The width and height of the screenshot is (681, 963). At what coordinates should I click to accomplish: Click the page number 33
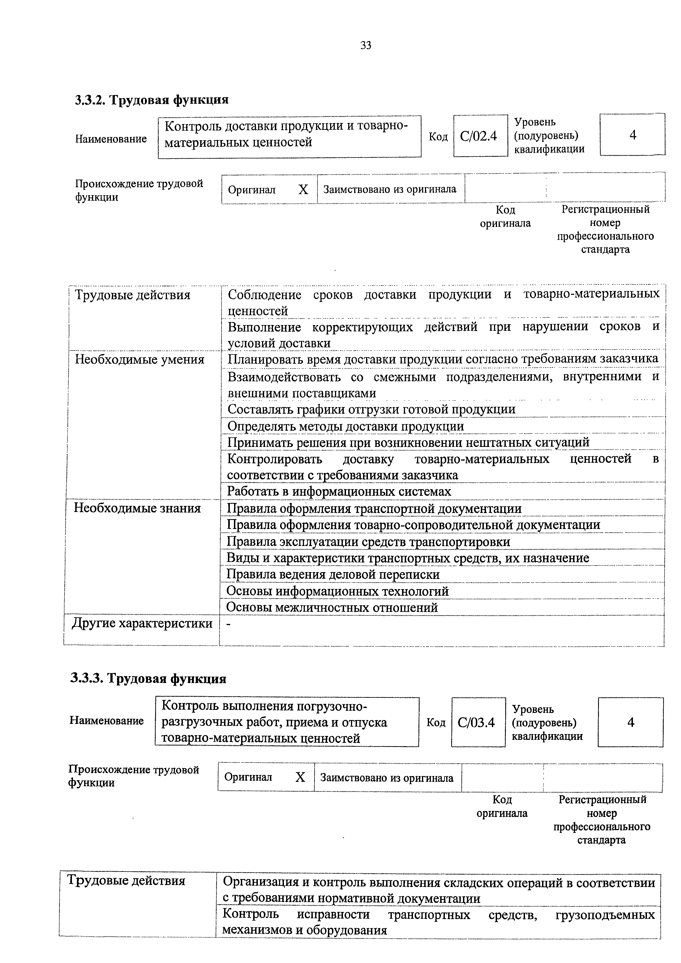pyautogui.click(x=365, y=45)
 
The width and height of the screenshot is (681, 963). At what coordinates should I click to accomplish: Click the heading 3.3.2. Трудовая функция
pyautogui.click(x=152, y=100)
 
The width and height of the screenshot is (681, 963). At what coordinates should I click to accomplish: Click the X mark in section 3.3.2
pyautogui.click(x=303, y=190)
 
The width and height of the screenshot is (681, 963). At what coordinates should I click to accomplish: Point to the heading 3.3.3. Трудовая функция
pyautogui.click(x=148, y=678)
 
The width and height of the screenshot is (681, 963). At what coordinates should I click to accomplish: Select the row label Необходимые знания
pyautogui.click(x=137, y=508)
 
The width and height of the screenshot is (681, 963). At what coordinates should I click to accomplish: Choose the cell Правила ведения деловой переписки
pyautogui.click(x=333, y=574)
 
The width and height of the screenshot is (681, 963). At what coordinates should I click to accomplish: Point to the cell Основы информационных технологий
pyautogui.click(x=337, y=591)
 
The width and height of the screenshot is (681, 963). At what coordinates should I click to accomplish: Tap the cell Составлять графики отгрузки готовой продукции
pyautogui.click(x=371, y=409)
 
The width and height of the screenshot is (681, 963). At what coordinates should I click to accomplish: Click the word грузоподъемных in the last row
pyautogui.click(x=605, y=914)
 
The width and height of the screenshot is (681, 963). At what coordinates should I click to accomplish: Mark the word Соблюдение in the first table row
pyautogui.click(x=264, y=295)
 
